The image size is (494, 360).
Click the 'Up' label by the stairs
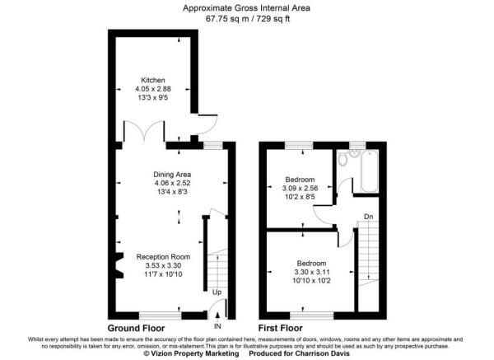coord(217,292)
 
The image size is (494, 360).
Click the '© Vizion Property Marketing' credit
coord(191,354)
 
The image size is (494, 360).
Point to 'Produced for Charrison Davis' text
coord(301,354)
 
